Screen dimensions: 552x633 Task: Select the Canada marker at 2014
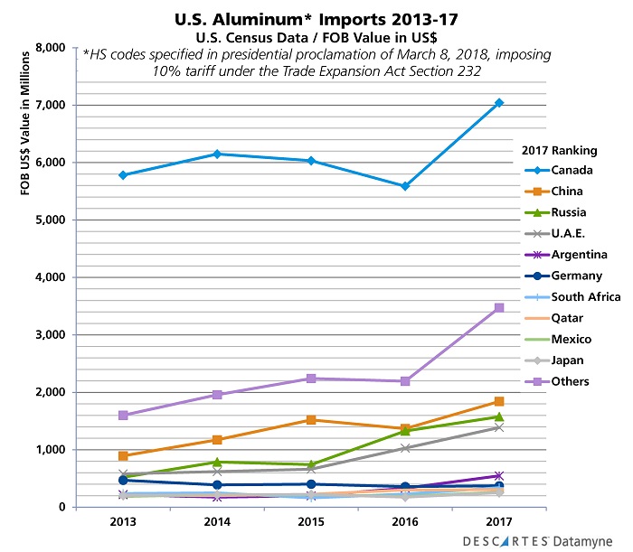(215, 154)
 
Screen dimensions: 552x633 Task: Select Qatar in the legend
(566, 318)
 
